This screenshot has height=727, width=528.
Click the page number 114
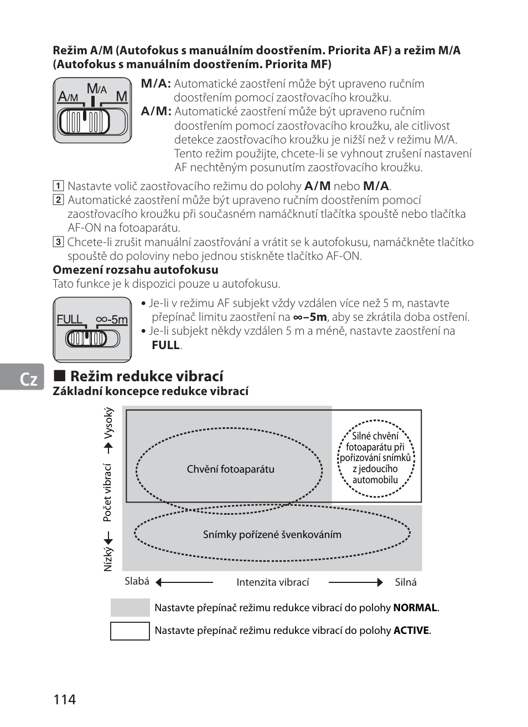point(65,699)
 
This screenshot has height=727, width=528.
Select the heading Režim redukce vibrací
point(147,376)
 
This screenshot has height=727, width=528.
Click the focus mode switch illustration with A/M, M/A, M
point(92,110)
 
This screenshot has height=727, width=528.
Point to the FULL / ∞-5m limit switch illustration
point(92,330)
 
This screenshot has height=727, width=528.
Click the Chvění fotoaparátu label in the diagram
point(230,469)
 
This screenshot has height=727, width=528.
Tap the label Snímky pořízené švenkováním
point(272,534)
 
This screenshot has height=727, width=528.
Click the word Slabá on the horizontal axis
point(137,581)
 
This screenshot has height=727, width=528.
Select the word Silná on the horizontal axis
point(406,582)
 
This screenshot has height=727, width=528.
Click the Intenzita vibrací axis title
point(272,582)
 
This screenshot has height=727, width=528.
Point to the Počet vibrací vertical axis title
point(107,493)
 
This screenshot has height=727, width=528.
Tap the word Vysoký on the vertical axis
point(108,422)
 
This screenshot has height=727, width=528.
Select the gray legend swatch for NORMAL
point(130,607)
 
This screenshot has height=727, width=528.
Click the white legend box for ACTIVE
point(130,631)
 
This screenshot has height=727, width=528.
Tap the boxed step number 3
point(58,242)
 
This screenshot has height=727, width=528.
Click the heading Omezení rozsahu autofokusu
point(136,270)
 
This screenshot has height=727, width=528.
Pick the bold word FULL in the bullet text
point(166,345)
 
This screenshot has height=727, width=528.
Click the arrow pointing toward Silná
point(355,582)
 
